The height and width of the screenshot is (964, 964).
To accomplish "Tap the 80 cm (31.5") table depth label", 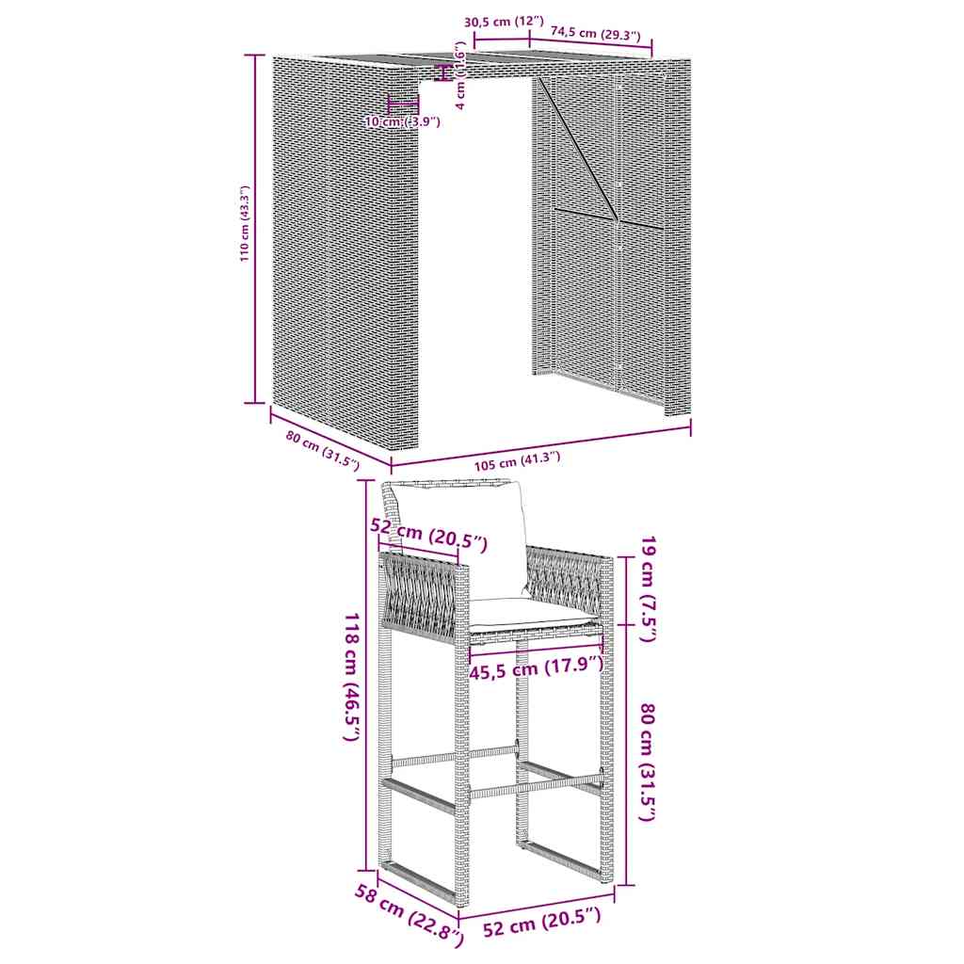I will pyautogui.click(x=322, y=451).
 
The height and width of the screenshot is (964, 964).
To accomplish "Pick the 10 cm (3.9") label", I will pyautogui.click(x=403, y=121).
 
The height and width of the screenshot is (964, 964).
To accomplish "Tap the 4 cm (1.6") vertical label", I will pyautogui.click(x=459, y=75).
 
